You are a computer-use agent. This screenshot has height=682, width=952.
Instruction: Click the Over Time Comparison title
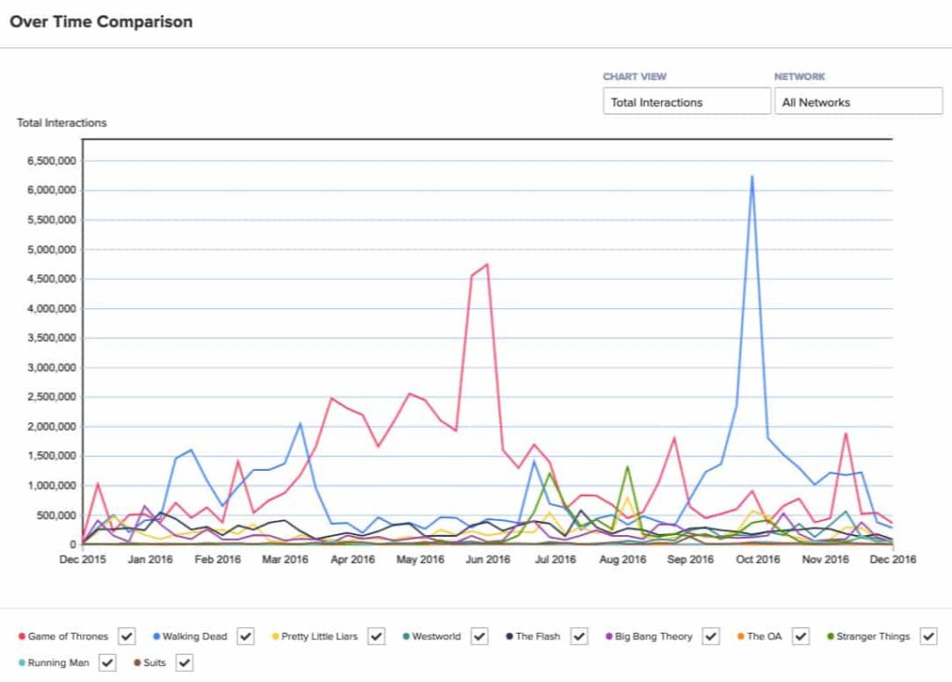[x=101, y=21]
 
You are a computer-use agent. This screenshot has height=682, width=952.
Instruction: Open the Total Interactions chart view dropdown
[x=686, y=101]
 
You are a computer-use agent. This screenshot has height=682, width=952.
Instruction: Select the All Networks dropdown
[x=858, y=101]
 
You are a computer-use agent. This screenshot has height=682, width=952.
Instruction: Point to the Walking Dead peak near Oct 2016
[x=751, y=176]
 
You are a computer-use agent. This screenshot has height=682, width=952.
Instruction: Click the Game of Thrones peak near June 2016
[x=486, y=264]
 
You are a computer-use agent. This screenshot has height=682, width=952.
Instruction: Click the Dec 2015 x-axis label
[x=84, y=559]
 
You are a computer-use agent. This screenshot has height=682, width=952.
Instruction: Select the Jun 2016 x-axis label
[x=487, y=559]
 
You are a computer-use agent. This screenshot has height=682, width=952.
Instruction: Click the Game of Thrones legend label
[x=68, y=636]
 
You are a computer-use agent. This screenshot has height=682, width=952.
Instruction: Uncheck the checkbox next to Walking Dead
[x=245, y=636]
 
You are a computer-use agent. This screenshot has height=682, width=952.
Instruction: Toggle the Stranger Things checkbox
[x=928, y=636]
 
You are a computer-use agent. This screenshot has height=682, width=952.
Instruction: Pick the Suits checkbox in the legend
[x=184, y=662]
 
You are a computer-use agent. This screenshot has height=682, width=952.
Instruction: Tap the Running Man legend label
[x=59, y=662]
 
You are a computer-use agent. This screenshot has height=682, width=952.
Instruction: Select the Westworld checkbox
[x=479, y=636]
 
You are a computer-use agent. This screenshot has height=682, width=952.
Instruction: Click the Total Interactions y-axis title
[x=61, y=123]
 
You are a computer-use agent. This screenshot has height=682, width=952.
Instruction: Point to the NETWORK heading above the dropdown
[x=800, y=77]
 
